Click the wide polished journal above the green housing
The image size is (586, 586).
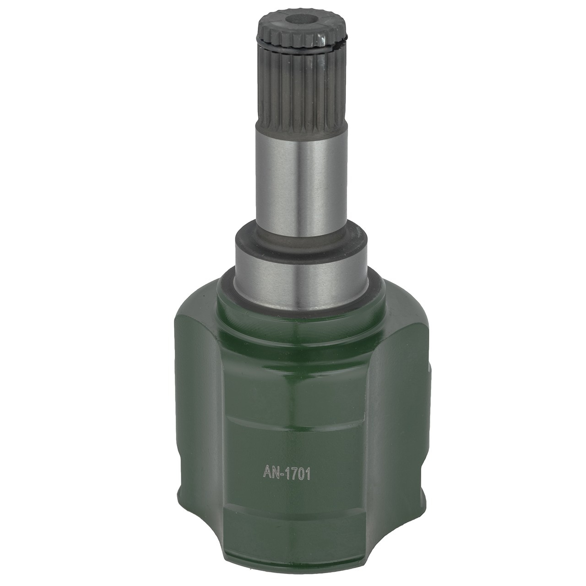point(303,280)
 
